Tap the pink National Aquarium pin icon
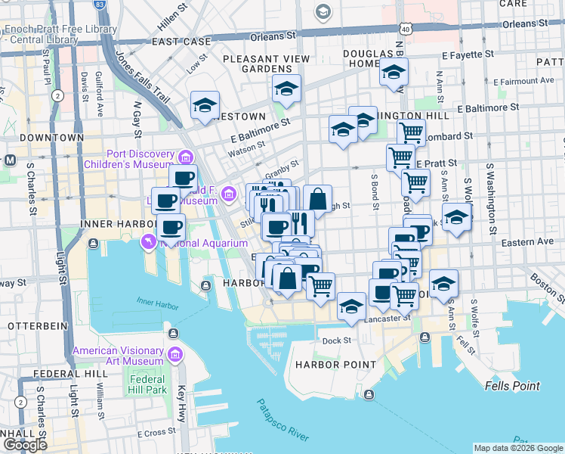coord(147,241)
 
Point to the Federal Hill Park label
coord(147,384)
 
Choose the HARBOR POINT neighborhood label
coord(335,365)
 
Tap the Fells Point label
coord(512,386)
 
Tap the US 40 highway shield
coord(406,28)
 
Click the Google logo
coord(25,444)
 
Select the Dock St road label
coord(336,340)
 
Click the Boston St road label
coord(545,283)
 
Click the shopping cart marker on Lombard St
coord(411,133)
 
